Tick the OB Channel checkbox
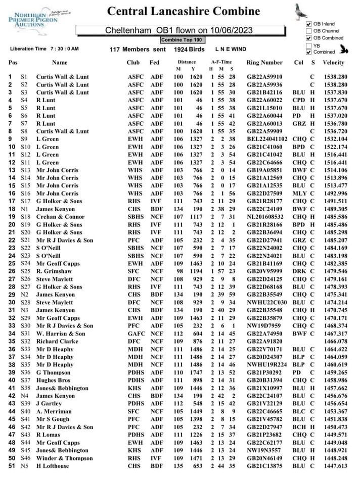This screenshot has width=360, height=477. [x=308, y=31]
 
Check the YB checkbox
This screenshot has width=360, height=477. [x=308, y=45]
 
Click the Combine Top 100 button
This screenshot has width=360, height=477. [x=182, y=39]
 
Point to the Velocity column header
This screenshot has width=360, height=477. [x=333, y=63]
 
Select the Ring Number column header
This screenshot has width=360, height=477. [x=264, y=63]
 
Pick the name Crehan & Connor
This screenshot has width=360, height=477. [x=61, y=217]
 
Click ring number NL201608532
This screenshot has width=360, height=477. [x=266, y=217]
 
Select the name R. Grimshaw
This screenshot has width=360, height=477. [x=54, y=271]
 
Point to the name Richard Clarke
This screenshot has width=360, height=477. [x=57, y=342]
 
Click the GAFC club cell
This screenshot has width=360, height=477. [x=136, y=333]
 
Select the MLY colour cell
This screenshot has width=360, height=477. [x=299, y=194]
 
